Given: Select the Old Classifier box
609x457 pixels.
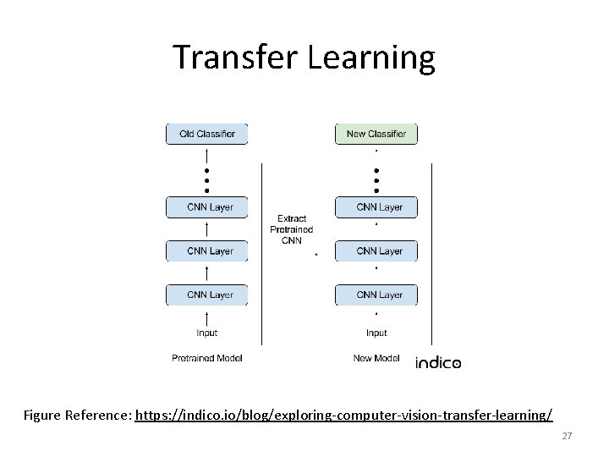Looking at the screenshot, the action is [207, 134].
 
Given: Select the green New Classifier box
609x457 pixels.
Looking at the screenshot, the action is [376, 134].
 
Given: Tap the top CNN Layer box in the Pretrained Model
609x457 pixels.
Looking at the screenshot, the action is [207, 207].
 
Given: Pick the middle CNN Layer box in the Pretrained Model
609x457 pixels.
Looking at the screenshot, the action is [207, 251].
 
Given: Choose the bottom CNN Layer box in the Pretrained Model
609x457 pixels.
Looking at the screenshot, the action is [207, 295].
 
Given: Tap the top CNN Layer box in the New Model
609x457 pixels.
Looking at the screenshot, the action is [376, 207].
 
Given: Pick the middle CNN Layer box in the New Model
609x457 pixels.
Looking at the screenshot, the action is [376, 251].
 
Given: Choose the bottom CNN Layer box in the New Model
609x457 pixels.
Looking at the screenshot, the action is [376, 295].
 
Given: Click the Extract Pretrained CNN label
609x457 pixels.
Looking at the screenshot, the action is [292, 229].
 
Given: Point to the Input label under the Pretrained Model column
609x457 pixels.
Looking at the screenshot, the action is [207, 333].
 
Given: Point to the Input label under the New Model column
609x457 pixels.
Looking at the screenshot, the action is [376, 333].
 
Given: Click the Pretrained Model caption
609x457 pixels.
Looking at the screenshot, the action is [207, 358].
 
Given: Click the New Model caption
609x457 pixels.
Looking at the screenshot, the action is [376, 358].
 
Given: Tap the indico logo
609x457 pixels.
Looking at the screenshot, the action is [438, 363].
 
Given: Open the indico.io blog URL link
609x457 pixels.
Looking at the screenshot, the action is [343, 416].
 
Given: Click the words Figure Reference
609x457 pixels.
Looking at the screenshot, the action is [77, 416].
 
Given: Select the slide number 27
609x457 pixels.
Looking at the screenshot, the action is [568, 436].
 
